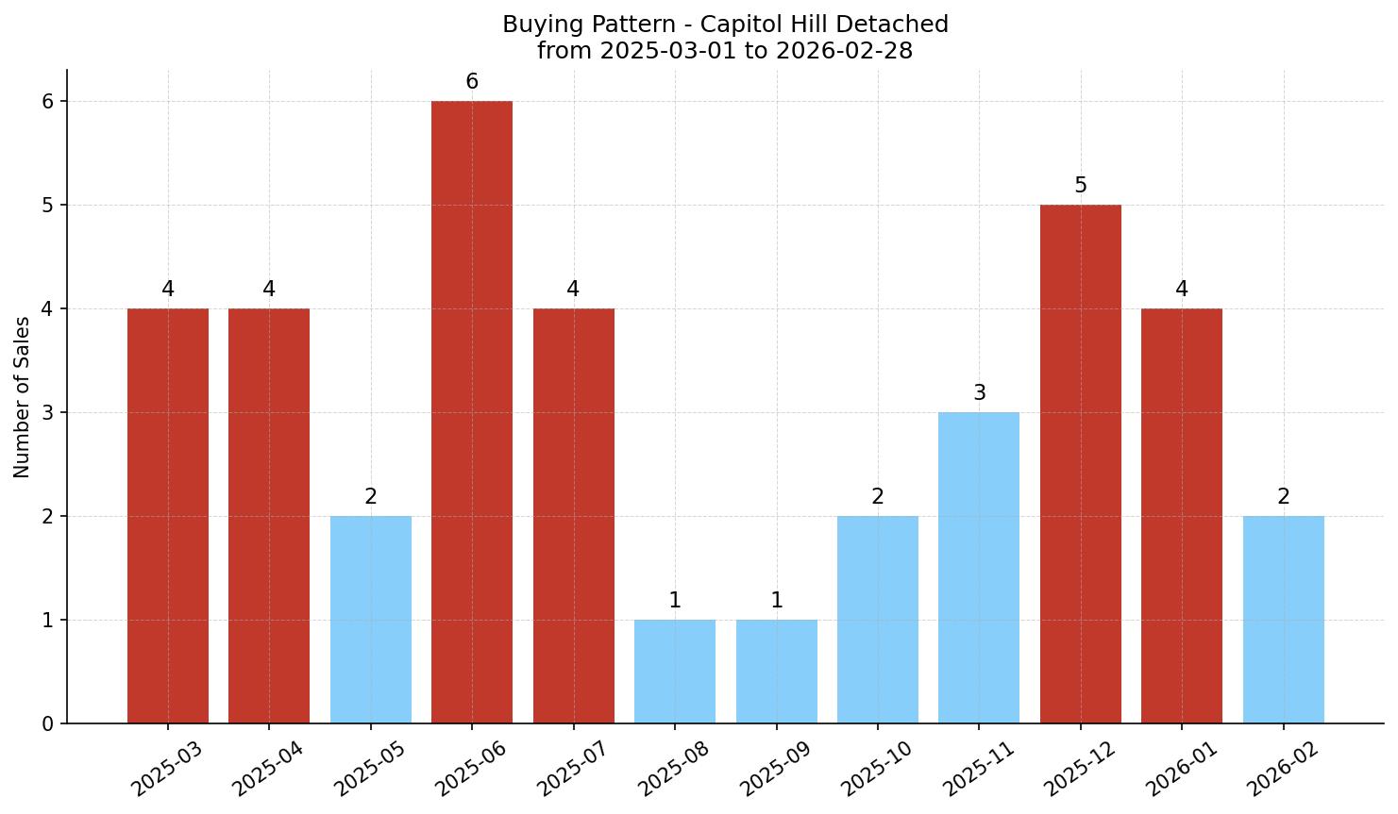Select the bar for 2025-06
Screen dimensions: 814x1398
click(472, 412)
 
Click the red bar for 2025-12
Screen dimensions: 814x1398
click(1080, 464)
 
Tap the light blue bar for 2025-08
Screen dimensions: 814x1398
click(675, 672)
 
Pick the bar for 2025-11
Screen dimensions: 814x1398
click(979, 568)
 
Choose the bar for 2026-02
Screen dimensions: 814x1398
click(1283, 620)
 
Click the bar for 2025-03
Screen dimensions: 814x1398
click(168, 516)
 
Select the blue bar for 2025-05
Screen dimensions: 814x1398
click(371, 620)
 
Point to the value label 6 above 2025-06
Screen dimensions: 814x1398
click(472, 82)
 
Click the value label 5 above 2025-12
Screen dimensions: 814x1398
click(1080, 186)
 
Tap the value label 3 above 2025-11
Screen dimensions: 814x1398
click(979, 393)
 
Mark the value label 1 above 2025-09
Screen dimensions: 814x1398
click(776, 601)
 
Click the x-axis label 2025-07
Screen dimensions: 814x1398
click(570, 768)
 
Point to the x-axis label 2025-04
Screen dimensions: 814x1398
click(266, 768)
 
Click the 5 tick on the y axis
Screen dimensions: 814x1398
click(48, 206)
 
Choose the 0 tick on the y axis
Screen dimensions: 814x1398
click(48, 724)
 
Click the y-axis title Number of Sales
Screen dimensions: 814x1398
click(23, 397)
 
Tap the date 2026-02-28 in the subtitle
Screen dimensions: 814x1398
click(845, 51)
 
